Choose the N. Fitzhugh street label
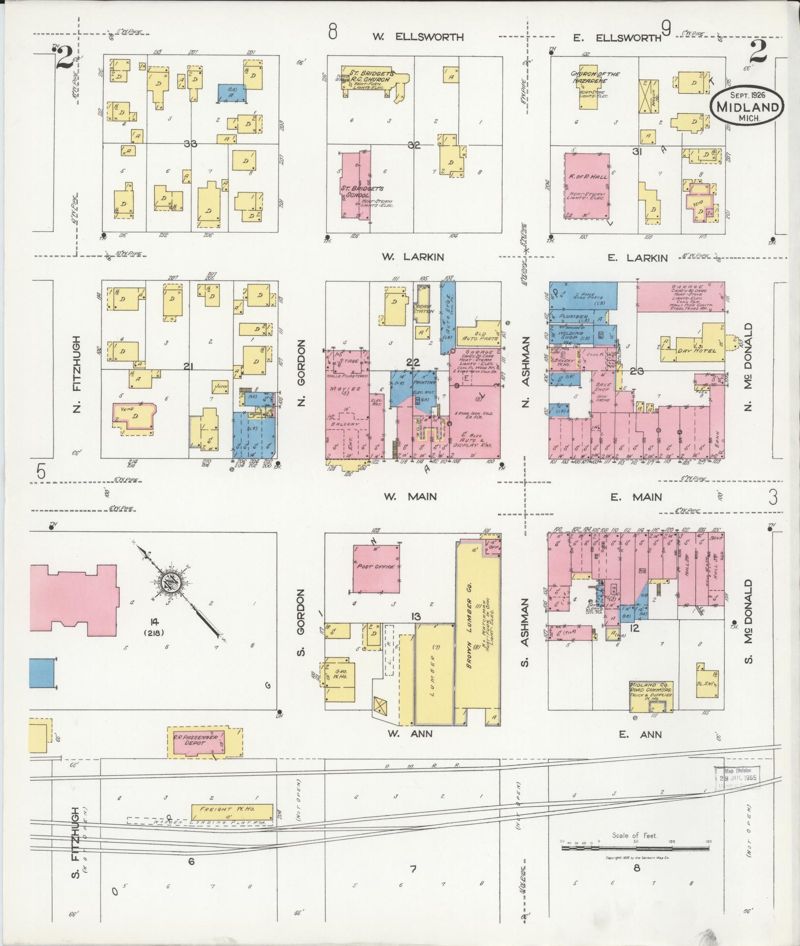click(76, 374)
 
